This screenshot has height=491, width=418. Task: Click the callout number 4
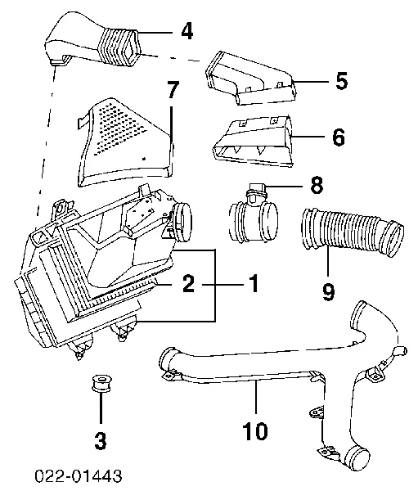tap(187, 31)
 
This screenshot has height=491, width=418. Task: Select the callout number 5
tap(342, 81)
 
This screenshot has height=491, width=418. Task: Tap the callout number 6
tap(339, 137)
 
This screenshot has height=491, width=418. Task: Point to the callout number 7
tap(173, 90)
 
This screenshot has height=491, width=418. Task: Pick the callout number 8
tap(317, 185)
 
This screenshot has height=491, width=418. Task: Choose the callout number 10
tap(255, 431)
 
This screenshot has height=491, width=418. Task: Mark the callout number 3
tap(101, 441)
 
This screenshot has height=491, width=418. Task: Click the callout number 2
tap(188, 284)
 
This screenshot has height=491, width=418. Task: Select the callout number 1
tap(254, 284)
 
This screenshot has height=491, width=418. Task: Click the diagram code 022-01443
tap(78, 476)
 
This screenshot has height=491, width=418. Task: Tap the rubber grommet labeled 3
tap(101, 383)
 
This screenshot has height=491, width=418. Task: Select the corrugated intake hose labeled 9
tap(352, 231)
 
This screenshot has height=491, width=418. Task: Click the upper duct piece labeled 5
tap(251, 79)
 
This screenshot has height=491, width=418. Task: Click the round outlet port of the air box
tap(182, 222)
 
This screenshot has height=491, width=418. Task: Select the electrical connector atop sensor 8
tap(256, 191)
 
